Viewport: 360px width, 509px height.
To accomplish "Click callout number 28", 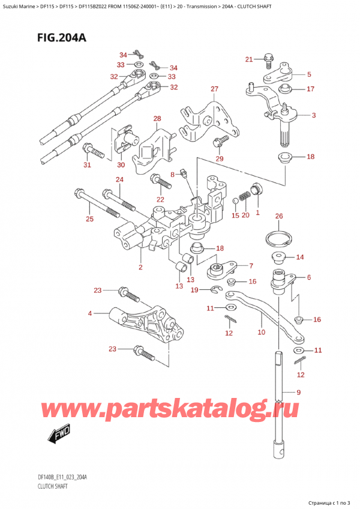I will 157,119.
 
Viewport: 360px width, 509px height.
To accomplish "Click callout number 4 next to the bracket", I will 90,313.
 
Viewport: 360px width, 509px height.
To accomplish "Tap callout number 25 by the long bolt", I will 89,219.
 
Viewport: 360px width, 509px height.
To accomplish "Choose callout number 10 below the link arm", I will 260,331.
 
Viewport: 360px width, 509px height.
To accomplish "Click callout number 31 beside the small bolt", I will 86,166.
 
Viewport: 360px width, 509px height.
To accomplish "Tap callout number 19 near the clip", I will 194,291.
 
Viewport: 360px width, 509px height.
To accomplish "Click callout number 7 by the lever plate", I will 251,266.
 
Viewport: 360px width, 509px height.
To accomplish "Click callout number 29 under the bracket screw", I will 219,158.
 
